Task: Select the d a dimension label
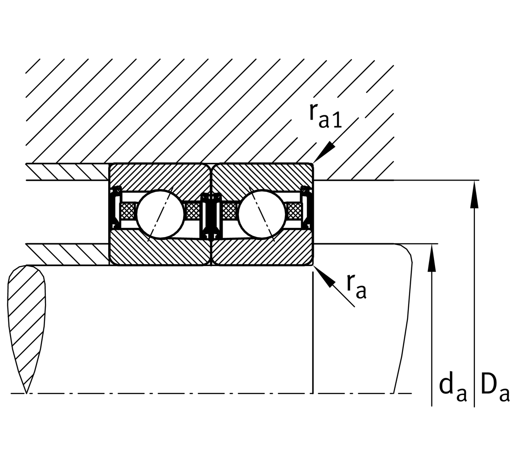[x=452, y=389]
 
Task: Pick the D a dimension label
[x=495, y=389]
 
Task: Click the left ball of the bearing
[x=159, y=214]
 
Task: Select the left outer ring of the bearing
[x=159, y=177]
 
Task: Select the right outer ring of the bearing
[x=262, y=177]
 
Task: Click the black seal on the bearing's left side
[x=115, y=208]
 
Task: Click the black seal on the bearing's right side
[x=306, y=208]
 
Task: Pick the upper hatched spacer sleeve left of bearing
[x=66, y=172]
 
